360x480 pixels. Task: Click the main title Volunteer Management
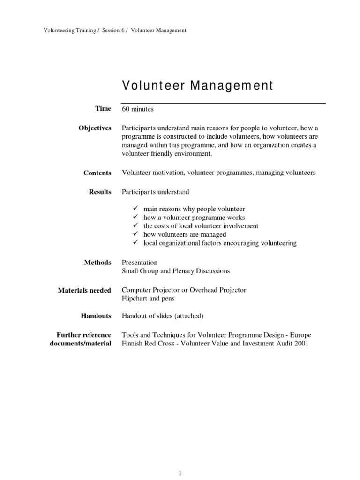point(197,86)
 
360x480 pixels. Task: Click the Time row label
point(103,109)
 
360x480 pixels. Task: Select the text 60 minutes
point(138,109)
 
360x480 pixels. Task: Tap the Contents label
point(97,173)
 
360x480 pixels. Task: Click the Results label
point(100,192)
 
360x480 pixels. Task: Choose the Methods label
point(98,262)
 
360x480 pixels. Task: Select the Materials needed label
point(84,290)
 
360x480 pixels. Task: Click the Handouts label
point(97,316)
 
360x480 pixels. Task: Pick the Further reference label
point(84,335)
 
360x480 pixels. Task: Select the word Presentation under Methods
point(140,262)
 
